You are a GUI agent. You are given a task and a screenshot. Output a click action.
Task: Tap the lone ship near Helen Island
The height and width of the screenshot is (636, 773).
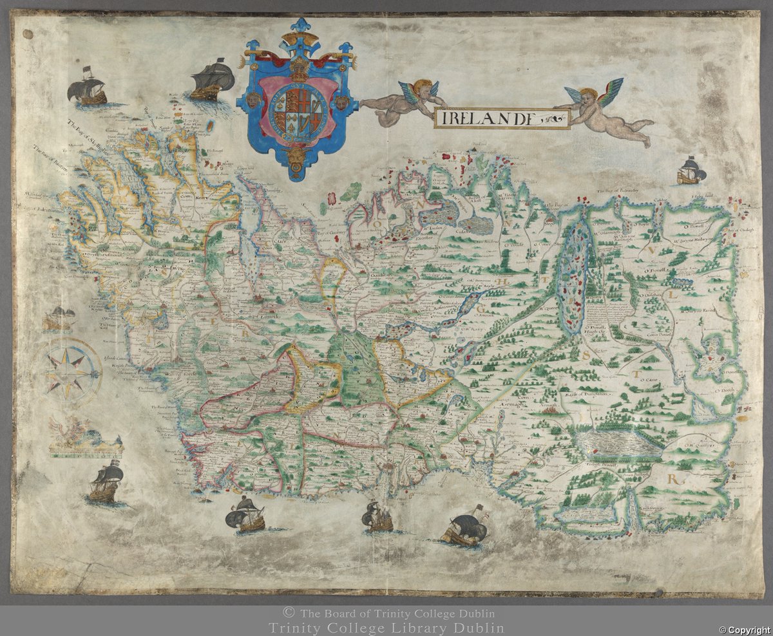[x=691, y=171]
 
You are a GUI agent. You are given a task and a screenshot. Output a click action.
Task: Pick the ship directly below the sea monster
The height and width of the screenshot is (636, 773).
[x=106, y=482]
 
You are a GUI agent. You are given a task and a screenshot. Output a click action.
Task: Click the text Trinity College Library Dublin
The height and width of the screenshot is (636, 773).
[x=386, y=628]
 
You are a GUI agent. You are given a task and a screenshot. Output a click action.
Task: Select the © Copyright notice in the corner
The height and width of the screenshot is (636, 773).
[x=745, y=630]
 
